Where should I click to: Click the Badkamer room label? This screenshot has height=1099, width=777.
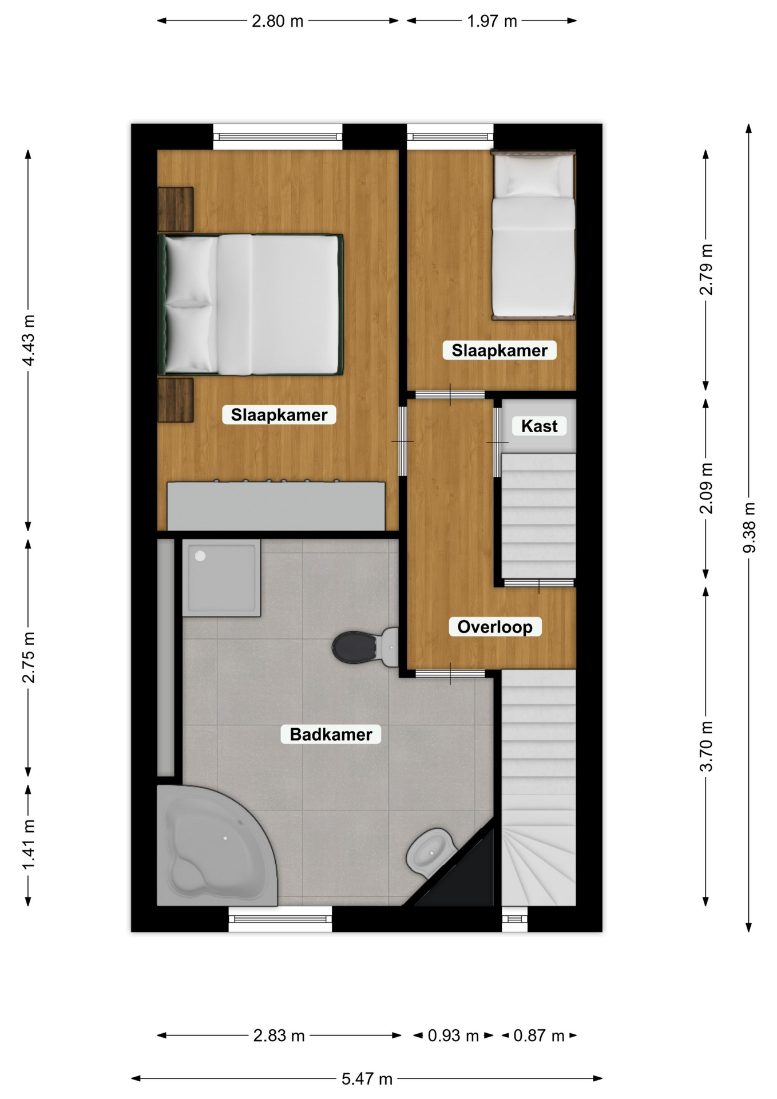(x=331, y=734)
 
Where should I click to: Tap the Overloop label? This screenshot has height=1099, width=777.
(x=495, y=627)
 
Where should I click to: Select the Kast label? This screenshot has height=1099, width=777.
(x=539, y=426)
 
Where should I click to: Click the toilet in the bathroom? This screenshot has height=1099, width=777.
(x=366, y=647)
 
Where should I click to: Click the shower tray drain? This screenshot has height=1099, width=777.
(x=200, y=556)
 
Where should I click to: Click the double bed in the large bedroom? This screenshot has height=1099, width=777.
(x=251, y=305)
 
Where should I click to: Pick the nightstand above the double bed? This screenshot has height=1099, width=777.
(x=176, y=209)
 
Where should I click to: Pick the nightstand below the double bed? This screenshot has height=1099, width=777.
(x=176, y=400)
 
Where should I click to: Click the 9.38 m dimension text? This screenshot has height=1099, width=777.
(x=749, y=528)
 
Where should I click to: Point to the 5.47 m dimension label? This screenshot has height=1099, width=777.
(x=367, y=1079)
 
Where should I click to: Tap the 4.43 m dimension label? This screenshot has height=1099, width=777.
(x=28, y=340)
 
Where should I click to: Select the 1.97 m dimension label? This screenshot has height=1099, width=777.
(x=492, y=21)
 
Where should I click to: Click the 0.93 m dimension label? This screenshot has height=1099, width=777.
(x=453, y=1035)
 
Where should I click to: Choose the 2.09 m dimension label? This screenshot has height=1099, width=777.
(x=707, y=488)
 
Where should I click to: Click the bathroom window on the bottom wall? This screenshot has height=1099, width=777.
(x=280, y=919)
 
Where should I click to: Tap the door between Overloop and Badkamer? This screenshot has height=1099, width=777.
(x=450, y=674)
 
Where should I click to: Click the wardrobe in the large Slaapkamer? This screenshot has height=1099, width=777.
(x=276, y=506)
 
